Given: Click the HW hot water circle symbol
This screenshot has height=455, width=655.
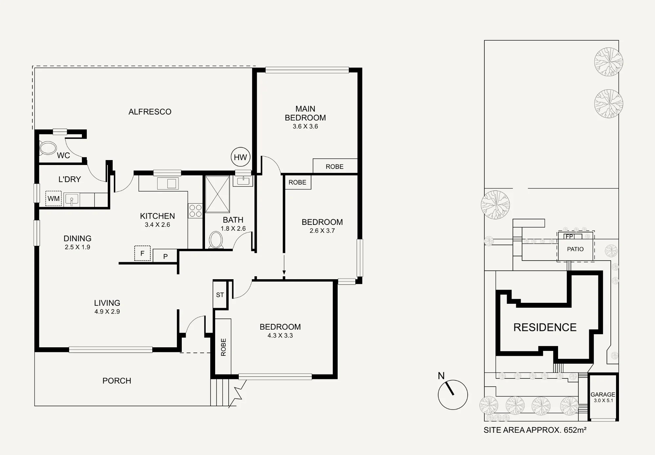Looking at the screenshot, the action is click(241, 157).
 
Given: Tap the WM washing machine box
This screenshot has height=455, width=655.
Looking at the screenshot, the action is click(53, 198).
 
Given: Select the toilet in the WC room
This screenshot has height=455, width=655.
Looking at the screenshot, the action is click(48, 148).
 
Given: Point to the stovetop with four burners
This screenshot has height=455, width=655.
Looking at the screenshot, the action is click(195, 211).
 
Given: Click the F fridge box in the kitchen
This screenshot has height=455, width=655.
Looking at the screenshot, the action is click(142, 253).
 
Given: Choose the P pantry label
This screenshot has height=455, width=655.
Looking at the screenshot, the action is click(165, 257).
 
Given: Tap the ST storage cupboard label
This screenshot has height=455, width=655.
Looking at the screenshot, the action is click(220, 295).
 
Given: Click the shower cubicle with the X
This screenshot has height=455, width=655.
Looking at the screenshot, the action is click(217, 194).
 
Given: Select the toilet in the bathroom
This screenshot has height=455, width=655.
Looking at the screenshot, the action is click(216, 240).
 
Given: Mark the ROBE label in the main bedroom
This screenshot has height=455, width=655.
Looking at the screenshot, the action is click(335, 167).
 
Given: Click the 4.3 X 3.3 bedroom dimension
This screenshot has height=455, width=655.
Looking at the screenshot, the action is click(280, 336).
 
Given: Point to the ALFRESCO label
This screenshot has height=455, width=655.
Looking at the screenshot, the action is click(150, 112).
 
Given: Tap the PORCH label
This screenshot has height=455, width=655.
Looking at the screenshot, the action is click(117, 381).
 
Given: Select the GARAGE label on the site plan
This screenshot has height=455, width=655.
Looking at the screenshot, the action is click(603, 395).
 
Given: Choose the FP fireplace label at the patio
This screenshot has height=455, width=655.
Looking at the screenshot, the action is click(570, 236).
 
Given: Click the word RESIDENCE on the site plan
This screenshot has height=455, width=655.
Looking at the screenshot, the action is click(545, 327).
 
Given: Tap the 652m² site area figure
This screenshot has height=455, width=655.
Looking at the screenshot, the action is click(575, 430).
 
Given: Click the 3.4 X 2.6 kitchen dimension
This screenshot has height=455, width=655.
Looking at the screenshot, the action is click(158, 225).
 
